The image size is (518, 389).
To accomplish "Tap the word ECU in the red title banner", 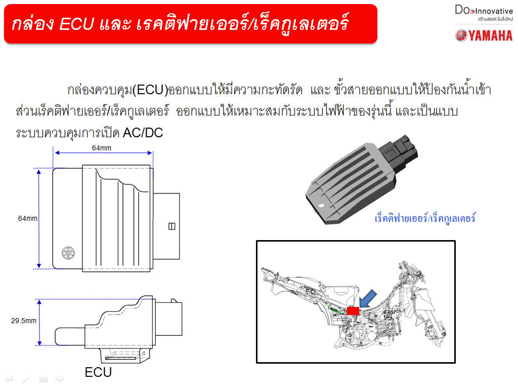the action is (77, 24).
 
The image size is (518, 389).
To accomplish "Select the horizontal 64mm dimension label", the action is (101, 148).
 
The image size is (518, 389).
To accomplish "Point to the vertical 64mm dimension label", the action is (28, 218).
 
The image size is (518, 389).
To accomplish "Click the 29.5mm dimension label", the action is (23, 321).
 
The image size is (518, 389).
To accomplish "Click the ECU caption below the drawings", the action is (98, 372).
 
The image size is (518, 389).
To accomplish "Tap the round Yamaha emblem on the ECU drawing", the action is (68, 253).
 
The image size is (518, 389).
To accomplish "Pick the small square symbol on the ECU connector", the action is (172, 226).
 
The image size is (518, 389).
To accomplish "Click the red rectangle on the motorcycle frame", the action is (353, 310).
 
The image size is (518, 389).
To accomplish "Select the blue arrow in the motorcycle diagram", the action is (367, 299).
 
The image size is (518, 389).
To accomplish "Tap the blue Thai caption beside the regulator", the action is (425, 218).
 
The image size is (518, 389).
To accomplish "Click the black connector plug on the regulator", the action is (398, 154).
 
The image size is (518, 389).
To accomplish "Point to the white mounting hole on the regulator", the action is (321, 206).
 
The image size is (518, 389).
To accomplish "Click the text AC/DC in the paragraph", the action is (143, 133).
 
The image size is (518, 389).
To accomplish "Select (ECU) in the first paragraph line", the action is (150, 90).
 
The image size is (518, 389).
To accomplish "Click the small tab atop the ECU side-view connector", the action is (174, 301).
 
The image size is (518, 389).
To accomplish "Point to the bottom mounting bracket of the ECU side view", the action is (125, 355).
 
